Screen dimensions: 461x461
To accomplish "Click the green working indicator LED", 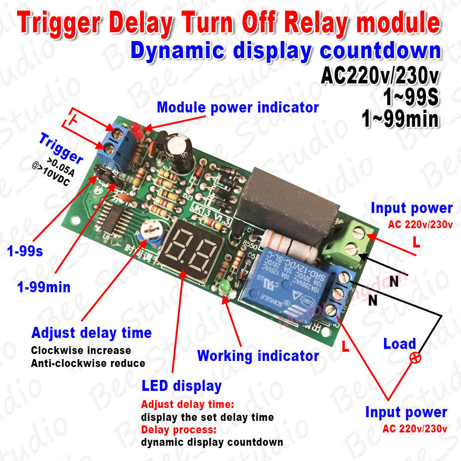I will pos(225,287).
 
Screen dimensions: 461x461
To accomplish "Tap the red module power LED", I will pos(134,129).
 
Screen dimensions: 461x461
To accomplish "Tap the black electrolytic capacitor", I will pos(178,146).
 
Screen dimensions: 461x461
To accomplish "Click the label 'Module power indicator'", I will pos(237,107).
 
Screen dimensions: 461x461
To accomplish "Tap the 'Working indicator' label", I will pos(258,355).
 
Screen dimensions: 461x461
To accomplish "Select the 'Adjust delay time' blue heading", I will pos(91,332).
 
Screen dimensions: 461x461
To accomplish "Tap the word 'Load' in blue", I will pos(399,344).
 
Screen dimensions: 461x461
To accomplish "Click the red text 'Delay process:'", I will pos(178,430).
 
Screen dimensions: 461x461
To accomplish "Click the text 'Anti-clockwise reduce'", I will pos(88,363).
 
